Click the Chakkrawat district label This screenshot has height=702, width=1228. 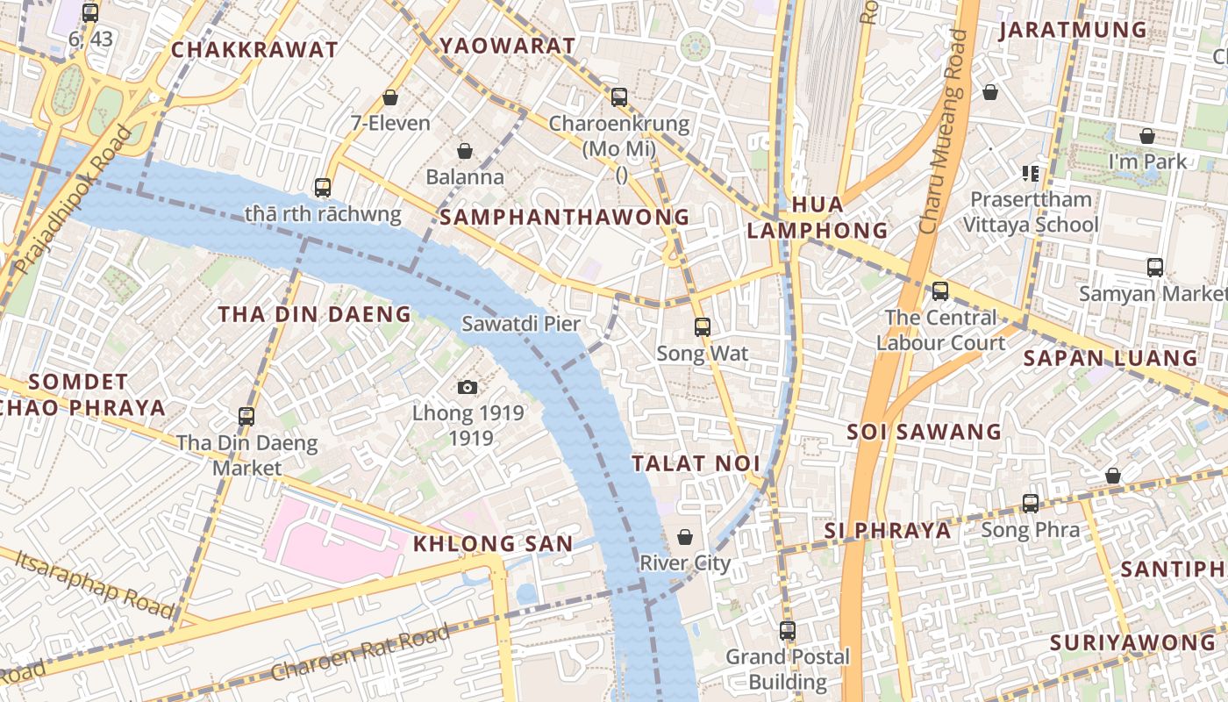coord(254,50)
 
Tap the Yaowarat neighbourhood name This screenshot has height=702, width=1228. coord(507,46)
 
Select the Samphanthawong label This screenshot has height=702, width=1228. coord(564,217)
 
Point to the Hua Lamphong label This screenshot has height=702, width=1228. coord(817,218)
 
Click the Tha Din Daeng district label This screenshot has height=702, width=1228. coord(314,314)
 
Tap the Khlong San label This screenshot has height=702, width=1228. coord(493,544)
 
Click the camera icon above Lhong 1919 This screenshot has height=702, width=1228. coord(468,387)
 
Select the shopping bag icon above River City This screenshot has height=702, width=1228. coord(685,536)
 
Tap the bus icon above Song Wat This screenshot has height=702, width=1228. coord(703,327)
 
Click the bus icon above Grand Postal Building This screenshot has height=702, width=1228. coord(788,630)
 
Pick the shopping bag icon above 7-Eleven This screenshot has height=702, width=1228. coord(390,97)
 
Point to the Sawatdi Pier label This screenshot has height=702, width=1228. coord(521,324)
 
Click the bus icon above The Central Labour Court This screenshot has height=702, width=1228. coord(940,290)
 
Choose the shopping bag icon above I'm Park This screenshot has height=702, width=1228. coord(1146,136)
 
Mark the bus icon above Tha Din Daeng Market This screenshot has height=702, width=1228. coord(246,416)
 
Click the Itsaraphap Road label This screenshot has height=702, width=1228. coord(95,582)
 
